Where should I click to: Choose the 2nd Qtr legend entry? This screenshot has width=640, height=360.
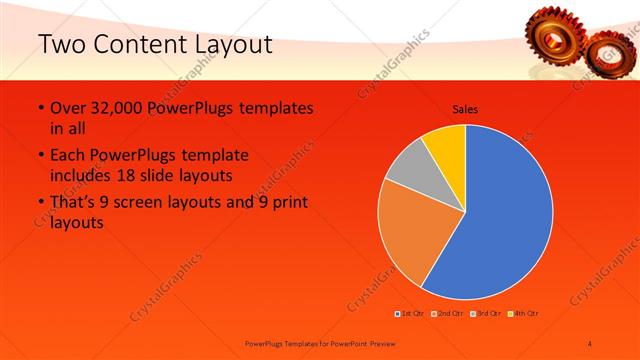(x=451, y=313)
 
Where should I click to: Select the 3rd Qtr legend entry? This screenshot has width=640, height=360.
(x=488, y=313)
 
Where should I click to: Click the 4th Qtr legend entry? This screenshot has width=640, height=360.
(x=526, y=313)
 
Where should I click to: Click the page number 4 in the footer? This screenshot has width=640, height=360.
(x=589, y=343)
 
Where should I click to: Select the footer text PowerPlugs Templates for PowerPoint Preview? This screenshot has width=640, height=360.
(x=315, y=343)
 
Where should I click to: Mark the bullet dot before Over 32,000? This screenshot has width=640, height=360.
(x=40, y=108)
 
